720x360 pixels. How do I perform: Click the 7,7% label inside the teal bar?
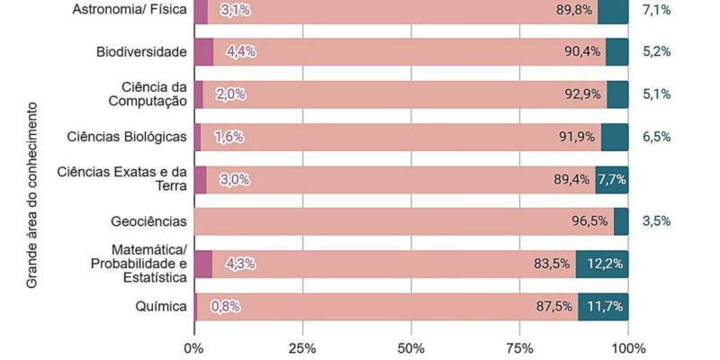pyautogui.click(x=612, y=179)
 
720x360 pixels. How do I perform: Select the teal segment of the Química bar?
pyautogui.click(x=603, y=306)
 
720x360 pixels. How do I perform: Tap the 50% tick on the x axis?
pyautogui.click(x=411, y=347)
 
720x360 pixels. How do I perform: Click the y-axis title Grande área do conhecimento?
pyautogui.click(x=31, y=194)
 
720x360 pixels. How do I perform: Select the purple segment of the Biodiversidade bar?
pyautogui.click(x=203, y=51)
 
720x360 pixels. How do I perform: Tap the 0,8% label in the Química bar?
pyautogui.click(x=225, y=306)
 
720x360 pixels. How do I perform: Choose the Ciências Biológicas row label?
pyautogui.click(x=128, y=137)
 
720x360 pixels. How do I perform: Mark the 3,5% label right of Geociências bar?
pyautogui.click(x=657, y=221)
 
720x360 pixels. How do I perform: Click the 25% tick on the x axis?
pyautogui.click(x=302, y=347)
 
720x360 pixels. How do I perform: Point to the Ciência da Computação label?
pyautogui.click(x=154, y=94)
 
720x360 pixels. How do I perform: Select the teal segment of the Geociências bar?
pyautogui.click(x=621, y=221)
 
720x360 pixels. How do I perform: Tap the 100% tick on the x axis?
pyautogui.click(x=627, y=347)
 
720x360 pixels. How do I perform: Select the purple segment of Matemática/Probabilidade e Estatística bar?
pyautogui.click(x=202, y=264)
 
